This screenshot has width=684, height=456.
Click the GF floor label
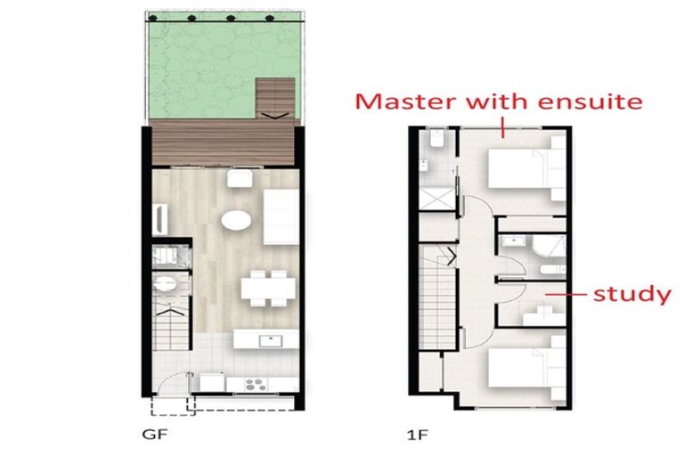click(x=155, y=435)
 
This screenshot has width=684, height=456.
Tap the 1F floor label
click(x=418, y=435)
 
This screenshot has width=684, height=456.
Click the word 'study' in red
click(x=632, y=294)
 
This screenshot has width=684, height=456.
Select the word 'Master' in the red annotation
click(x=407, y=102)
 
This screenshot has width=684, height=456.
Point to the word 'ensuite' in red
click(x=590, y=102)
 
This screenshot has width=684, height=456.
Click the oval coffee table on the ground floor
click(x=236, y=220)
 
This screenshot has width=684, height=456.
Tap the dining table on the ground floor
click(x=268, y=288)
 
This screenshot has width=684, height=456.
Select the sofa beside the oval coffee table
click(x=281, y=217)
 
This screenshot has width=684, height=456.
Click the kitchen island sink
click(x=271, y=340)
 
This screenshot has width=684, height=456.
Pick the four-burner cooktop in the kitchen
click(x=256, y=385)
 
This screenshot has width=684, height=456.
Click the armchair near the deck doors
click(x=240, y=178)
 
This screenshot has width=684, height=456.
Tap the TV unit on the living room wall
click(x=159, y=219)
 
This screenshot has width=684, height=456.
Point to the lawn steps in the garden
click(x=275, y=99)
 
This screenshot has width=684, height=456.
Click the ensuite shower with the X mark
click(x=437, y=199)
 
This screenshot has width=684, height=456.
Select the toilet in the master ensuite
click(x=436, y=138)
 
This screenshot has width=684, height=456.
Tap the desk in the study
click(x=544, y=316)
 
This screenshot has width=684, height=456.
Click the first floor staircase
click(x=437, y=296)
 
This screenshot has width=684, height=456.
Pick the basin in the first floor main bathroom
click(x=516, y=240)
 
